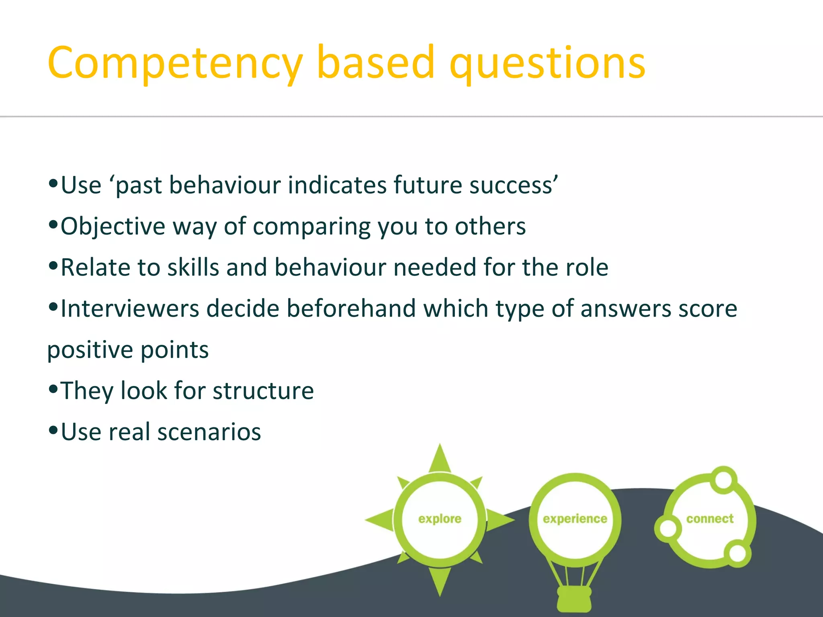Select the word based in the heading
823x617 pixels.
(x=376, y=62)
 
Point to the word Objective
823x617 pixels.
(x=113, y=227)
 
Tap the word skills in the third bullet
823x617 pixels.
(x=193, y=268)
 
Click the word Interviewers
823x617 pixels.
(x=130, y=309)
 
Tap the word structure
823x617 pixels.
(x=263, y=391)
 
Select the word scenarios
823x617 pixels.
(x=209, y=432)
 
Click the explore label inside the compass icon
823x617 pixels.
(x=440, y=519)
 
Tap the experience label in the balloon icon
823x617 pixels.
(x=575, y=519)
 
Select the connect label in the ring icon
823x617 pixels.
(x=710, y=519)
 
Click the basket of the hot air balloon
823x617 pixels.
(x=574, y=599)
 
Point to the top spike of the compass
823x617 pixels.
(x=440, y=458)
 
